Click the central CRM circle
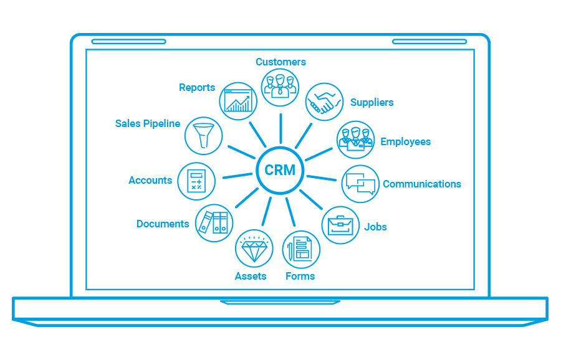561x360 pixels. click(x=280, y=170)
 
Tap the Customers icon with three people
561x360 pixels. click(x=280, y=87)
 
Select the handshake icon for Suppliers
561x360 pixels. click(x=324, y=102)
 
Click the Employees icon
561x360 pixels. click(x=355, y=140)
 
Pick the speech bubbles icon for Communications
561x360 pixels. click(x=360, y=184)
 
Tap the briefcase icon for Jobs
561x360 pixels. click(x=340, y=225)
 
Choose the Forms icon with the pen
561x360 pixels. click(x=301, y=250)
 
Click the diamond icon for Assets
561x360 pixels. click(x=254, y=249)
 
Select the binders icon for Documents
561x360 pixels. click(x=214, y=222)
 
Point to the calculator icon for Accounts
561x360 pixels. click(x=196, y=181)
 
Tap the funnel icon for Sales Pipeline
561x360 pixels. click(x=203, y=135)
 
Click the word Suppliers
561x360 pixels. click(x=372, y=102)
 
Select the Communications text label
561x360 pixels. click(x=422, y=184)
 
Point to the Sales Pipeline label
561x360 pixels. click(x=148, y=123)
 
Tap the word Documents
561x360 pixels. click(x=163, y=224)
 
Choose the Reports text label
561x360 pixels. click(x=197, y=88)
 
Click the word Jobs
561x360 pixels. click(x=375, y=227)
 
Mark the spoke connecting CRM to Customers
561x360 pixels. click(x=280, y=128)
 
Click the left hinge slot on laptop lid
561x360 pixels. click(x=129, y=42)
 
